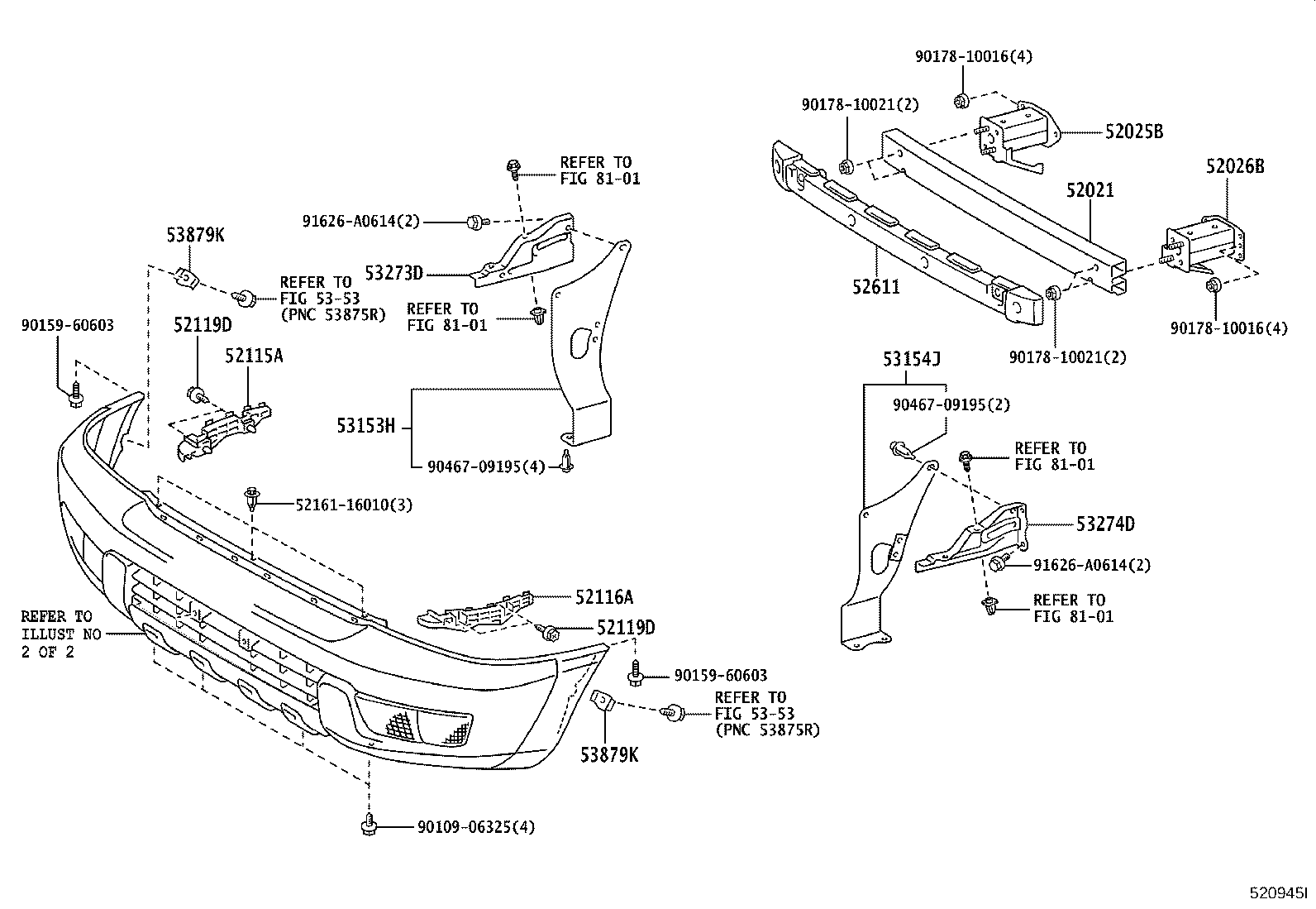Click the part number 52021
pos(1090,191)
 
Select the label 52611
pos(876,287)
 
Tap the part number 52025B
pos(1134,132)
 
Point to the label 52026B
pos(1234,166)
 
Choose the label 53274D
pos(1105,524)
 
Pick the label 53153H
pos(366,426)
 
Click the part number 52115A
pos(254,356)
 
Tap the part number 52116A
pos(604,596)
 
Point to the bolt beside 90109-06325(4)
pos(370,825)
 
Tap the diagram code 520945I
pos(1277,893)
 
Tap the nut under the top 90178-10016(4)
pos(961,101)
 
